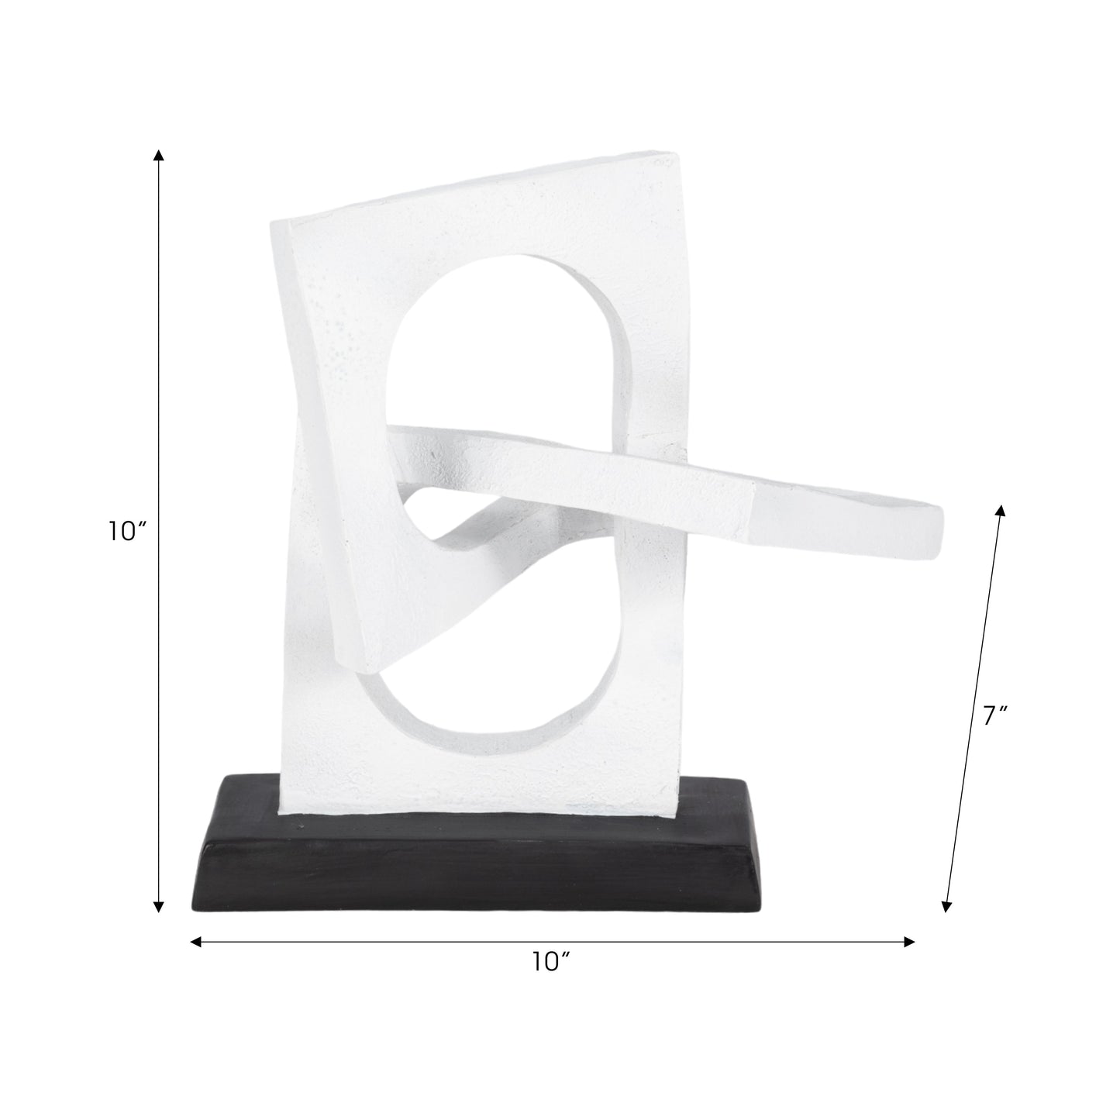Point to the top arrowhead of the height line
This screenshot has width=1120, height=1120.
(159, 155)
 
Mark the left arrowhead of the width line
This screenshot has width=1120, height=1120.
(197, 942)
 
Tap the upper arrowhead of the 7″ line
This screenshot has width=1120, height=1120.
(1001, 510)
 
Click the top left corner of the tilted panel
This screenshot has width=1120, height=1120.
(273, 225)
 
